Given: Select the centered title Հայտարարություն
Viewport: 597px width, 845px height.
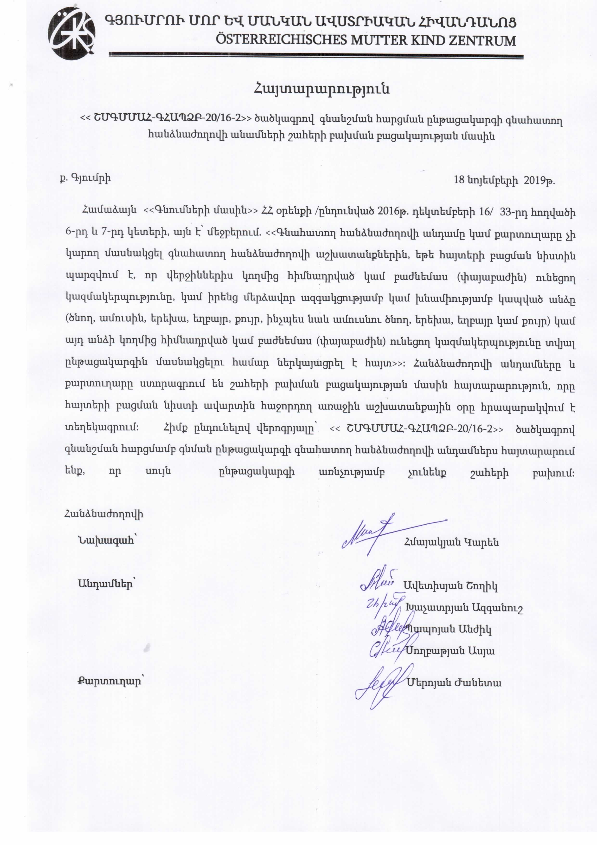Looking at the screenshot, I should click(321, 89).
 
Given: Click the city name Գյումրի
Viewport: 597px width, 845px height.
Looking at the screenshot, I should click(90, 178).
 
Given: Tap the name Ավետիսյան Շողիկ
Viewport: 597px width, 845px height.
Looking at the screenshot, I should click(451, 586).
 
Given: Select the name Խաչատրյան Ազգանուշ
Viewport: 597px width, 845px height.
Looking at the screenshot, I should click(464, 608).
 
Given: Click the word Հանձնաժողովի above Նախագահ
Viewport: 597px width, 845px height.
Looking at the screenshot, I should click(104, 514).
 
